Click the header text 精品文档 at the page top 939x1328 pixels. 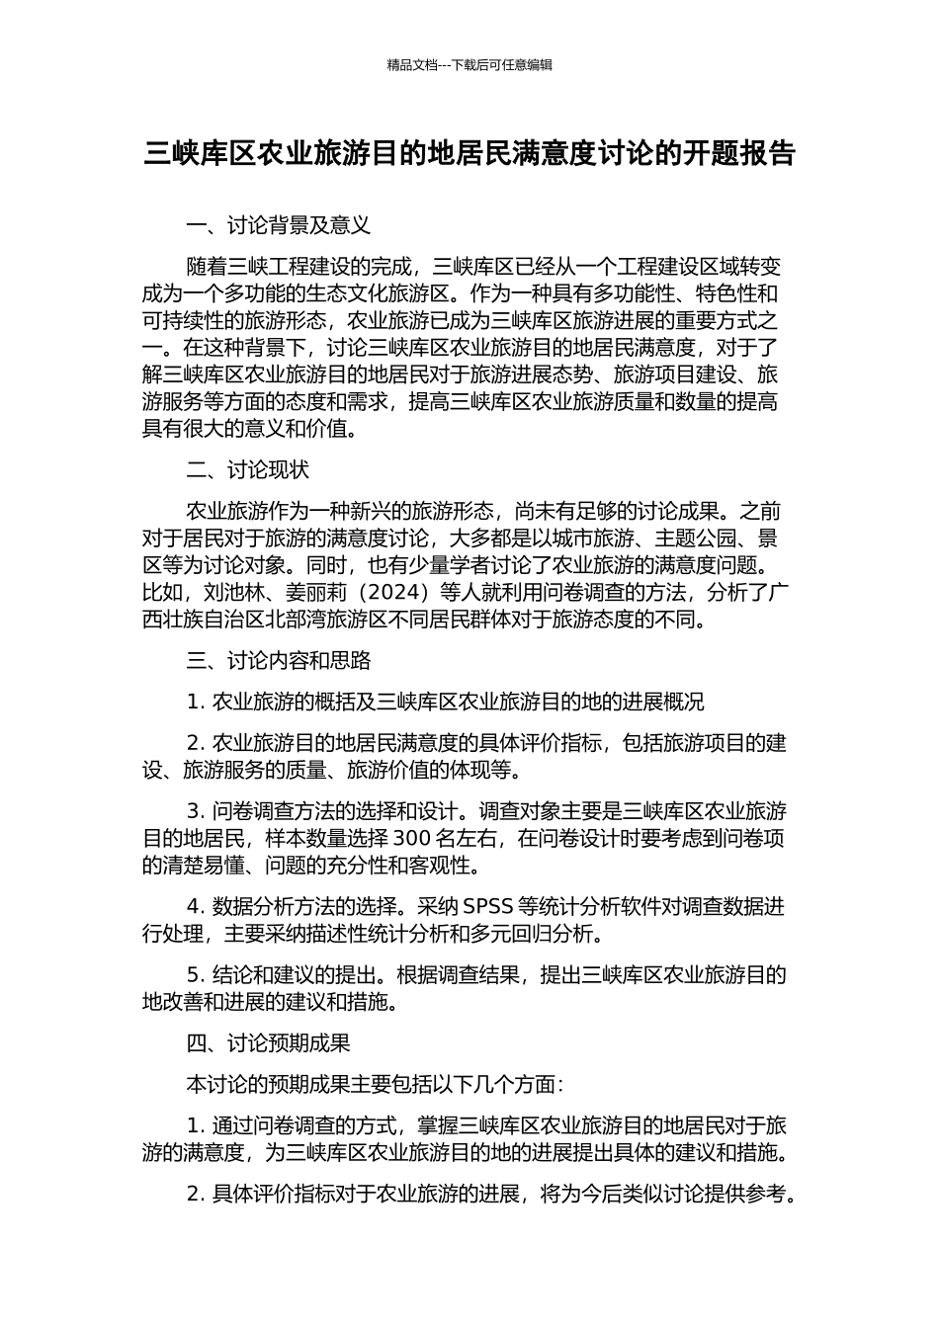pyautogui.click(x=411, y=65)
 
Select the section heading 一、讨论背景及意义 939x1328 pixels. pyautogui.click(x=279, y=225)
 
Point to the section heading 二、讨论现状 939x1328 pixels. pyautogui.click(x=248, y=469)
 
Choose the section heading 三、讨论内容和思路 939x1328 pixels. pyautogui.click(x=279, y=660)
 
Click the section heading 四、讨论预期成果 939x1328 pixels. pyautogui.click(x=269, y=1042)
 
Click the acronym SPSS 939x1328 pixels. pyautogui.click(x=488, y=906)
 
